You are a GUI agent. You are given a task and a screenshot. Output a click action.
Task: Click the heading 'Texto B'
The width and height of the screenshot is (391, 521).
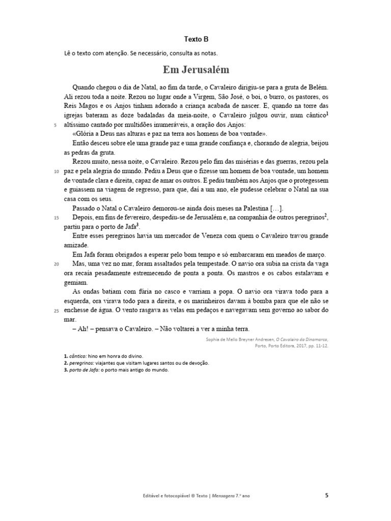196,39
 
